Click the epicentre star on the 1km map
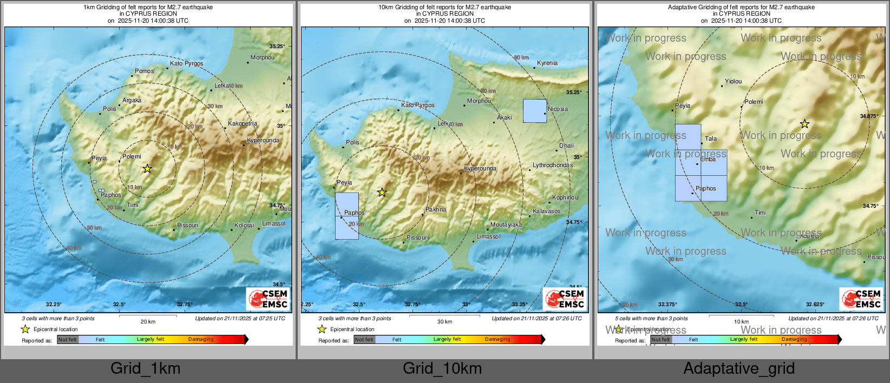point(147,169)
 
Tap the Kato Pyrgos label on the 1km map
point(186,63)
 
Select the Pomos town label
point(144,71)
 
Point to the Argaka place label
point(132,100)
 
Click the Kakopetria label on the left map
point(243,123)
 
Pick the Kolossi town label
point(244,225)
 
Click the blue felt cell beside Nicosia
point(534,111)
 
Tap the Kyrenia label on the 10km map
point(547,63)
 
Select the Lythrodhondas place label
point(552,165)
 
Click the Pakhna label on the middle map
point(436,209)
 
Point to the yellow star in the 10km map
point(382,193)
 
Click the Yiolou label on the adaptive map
point(733,81)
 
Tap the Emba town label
point(708,159)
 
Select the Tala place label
point(711,138)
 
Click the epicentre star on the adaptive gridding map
point(804,124)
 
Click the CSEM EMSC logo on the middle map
point(565,299)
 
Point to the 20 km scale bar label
point(148,321)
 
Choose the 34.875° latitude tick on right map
point(869,116)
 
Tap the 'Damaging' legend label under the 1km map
point(201,339)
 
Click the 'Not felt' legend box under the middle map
point(364,340)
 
